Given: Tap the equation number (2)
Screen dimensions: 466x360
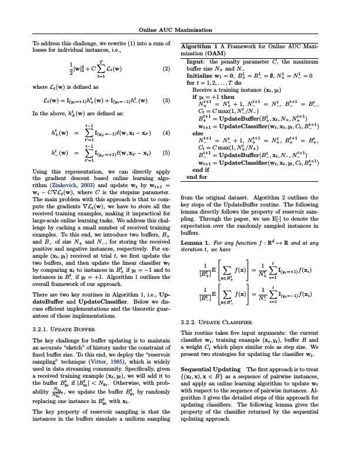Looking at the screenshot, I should pyautogui.click(x=166, y=68).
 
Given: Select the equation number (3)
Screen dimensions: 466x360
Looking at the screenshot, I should pyautogui.click(x=166, y=100).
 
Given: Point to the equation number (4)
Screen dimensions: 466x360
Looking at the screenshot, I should pyautogui.click(x=166, y=132).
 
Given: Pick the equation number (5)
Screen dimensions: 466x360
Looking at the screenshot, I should pyautogui.click(x=166, y=152).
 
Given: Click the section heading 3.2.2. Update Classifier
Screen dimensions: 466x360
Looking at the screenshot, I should pyautogui.click(x=217, y=322).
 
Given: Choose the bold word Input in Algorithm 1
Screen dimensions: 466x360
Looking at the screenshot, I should pyautogui.click(x=195, y=61).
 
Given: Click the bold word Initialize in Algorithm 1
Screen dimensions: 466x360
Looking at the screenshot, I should pyautogui.click(x=202, y=76).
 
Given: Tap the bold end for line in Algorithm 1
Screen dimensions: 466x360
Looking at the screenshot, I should pyautogui.click(x=196, y=176).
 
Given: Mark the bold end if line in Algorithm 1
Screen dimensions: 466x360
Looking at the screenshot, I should pyautogui.click(x=201, y=169).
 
